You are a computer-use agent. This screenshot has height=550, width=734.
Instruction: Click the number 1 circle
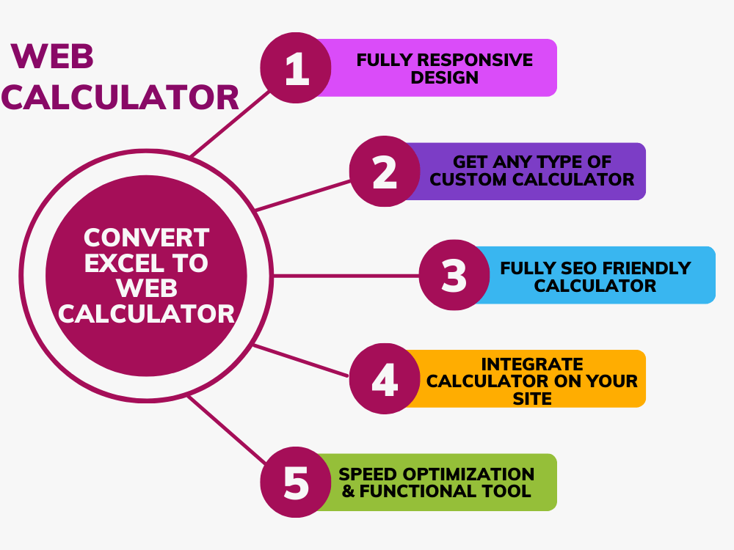[x=296, y=67]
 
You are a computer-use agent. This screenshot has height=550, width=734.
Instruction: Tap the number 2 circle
[x=385, y=171]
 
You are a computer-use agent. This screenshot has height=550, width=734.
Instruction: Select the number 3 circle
[x=454, y=275]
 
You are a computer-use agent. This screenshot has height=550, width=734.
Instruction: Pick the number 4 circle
[x=385, y=379]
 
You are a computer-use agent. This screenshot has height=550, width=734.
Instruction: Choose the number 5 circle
[x=296, y=483]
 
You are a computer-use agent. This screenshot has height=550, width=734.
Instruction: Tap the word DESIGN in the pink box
[x=444, y=78]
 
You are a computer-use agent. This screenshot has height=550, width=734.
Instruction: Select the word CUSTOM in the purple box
[x=468, y=180]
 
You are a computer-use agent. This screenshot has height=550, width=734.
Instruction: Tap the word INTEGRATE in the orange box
[x=531, y=364]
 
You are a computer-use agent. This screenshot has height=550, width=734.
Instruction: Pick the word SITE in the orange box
[x=531, y=399]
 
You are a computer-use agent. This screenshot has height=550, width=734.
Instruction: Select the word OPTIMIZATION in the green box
[x=468, y=474]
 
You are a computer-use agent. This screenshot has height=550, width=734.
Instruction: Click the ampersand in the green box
[x=348, y=491]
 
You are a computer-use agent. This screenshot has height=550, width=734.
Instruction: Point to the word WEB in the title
[x=52, y=56]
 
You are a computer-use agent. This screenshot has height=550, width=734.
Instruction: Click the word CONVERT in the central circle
[x=147, y=238]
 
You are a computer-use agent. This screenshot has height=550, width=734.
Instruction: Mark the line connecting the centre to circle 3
[x=346, y=276]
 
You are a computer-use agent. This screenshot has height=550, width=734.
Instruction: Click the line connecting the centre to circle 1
[x=230, y=123]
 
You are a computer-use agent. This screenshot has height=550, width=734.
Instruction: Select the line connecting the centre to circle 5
[x=228, y=430]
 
